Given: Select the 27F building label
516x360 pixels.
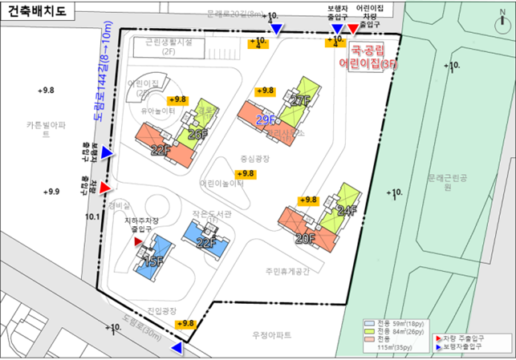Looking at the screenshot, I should tap(300, 101).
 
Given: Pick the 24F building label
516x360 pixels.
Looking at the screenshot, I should tap(346, 211).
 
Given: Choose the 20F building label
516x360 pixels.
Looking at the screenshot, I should tap(305, 238).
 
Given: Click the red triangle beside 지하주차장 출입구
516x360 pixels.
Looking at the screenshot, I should tap(138, 241).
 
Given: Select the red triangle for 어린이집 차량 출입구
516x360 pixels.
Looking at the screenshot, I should tap(352, 30).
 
